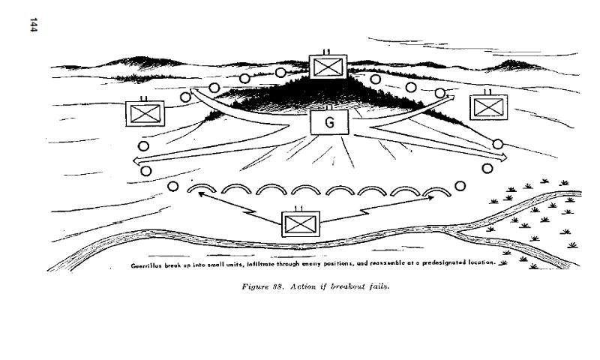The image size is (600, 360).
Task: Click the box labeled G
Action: [x=330, y=122]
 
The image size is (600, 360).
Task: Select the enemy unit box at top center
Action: [x=328, y=67]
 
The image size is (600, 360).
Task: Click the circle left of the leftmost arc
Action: [x=174, y=186]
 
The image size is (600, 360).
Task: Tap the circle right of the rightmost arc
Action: [x=460, y=186]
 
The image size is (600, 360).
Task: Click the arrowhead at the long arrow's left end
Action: [x=136, y=160]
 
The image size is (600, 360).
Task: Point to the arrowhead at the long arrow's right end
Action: [x=504, y=157]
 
